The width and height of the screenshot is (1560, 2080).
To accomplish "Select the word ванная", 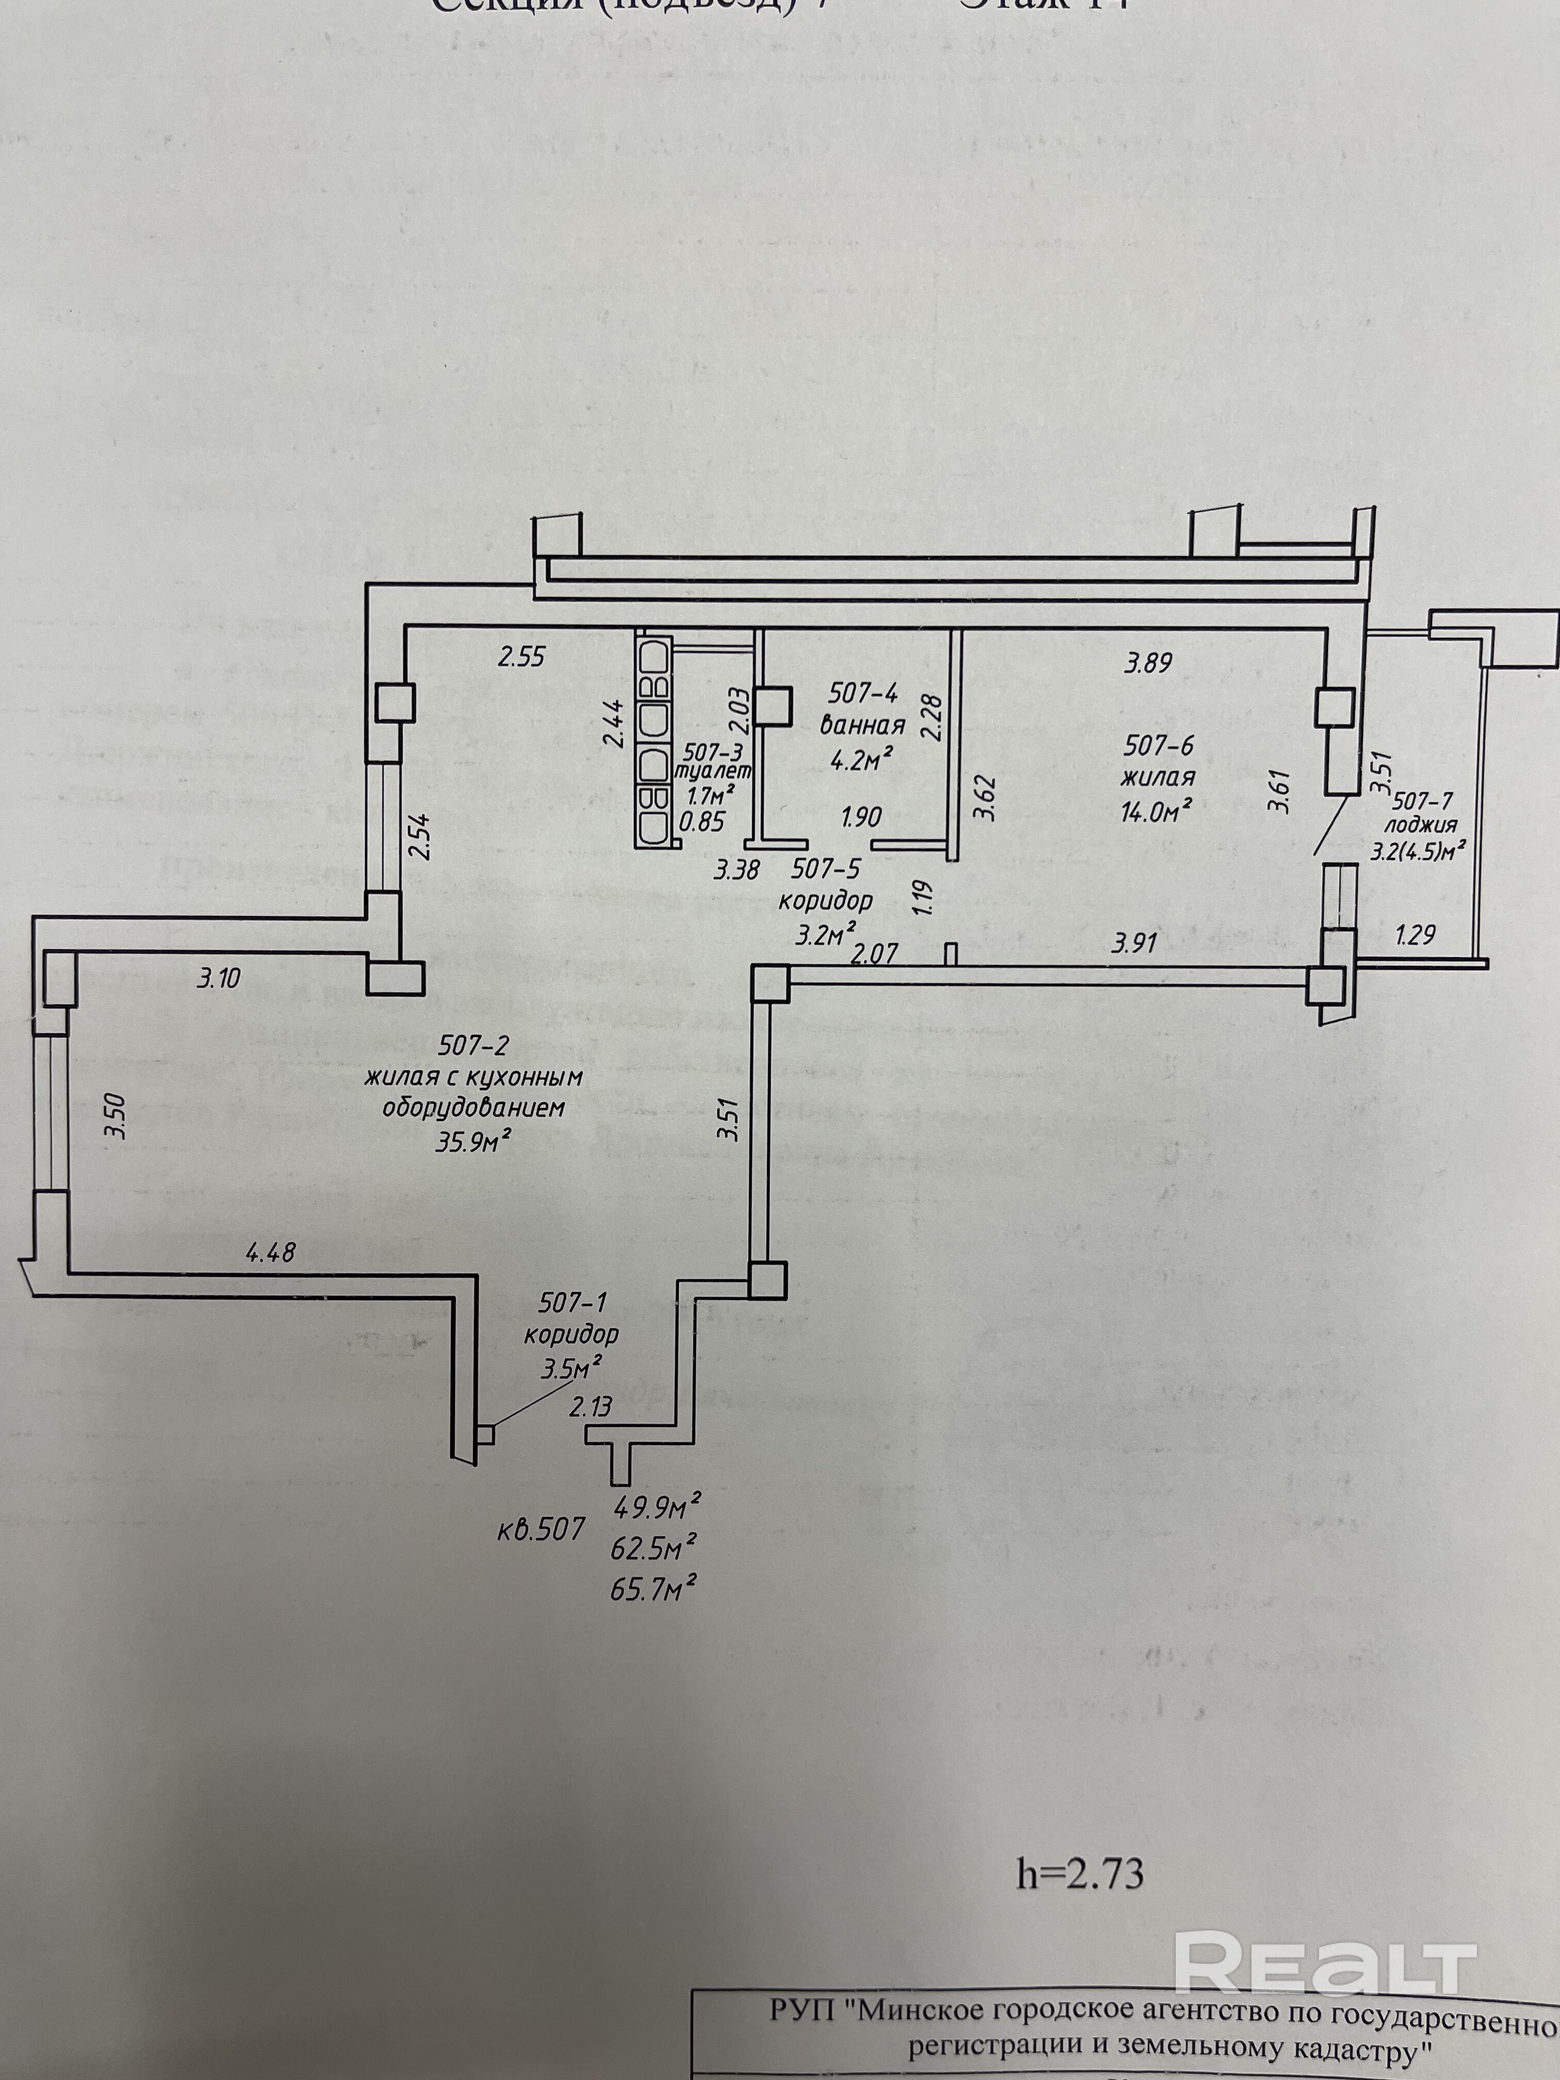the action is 862,724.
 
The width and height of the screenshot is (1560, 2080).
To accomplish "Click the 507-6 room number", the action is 1159,745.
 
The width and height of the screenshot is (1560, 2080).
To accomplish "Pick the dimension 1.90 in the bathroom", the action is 862,817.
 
